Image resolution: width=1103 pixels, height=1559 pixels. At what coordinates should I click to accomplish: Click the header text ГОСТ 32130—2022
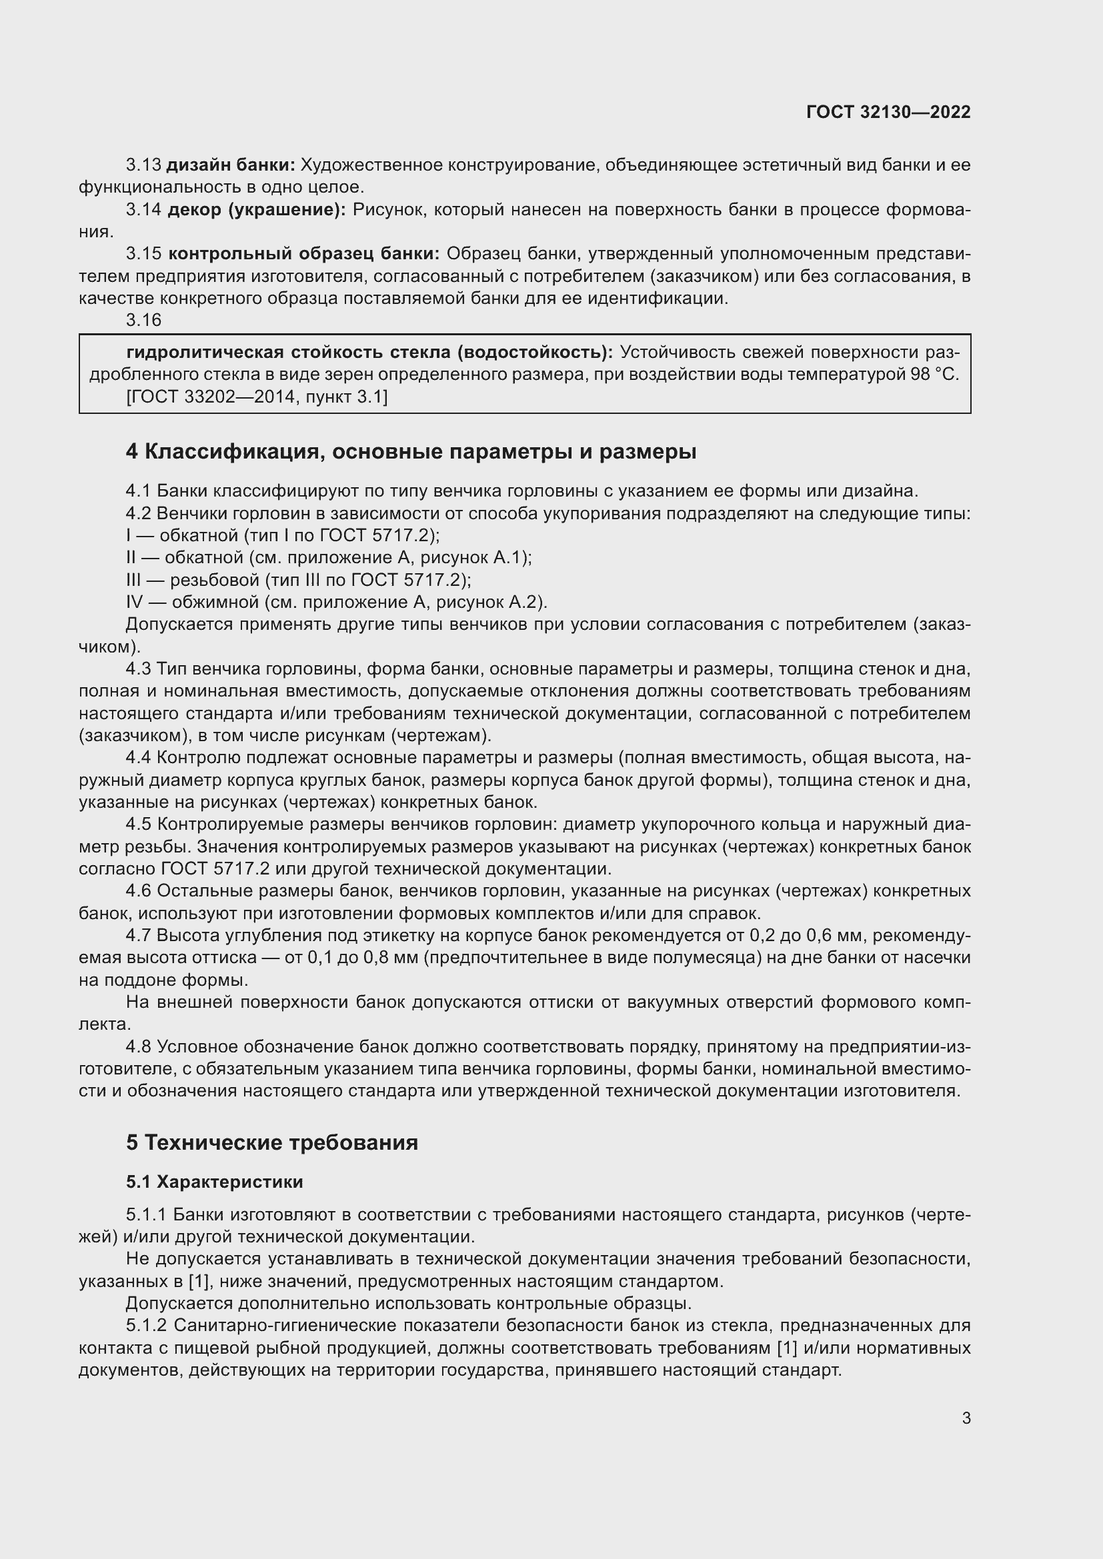(888, 112)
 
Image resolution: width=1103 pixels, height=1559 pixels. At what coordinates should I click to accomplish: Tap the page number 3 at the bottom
(966, 1418)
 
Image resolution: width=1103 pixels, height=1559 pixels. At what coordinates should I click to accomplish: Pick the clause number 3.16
(143, 320)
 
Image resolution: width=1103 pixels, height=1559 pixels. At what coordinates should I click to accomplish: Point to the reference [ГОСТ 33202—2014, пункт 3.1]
(257, 397)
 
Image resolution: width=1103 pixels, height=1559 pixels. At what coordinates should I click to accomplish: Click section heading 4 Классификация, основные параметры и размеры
(411, 451)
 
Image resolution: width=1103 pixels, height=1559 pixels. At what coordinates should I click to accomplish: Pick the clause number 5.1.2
(147, 1326)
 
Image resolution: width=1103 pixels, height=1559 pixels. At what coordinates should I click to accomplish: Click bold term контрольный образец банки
(303, 254)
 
